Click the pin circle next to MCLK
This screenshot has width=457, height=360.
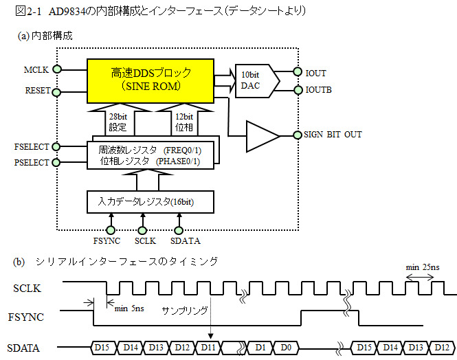click(58, 69)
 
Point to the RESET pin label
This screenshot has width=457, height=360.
click(37, 90)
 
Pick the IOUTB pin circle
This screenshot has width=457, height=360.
click(297, 90)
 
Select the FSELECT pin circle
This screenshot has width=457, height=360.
click(58, 146)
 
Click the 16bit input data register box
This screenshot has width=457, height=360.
click(151, 201)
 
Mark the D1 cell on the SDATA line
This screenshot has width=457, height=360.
click(260, 347)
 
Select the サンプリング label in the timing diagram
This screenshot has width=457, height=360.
click(185, 311)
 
